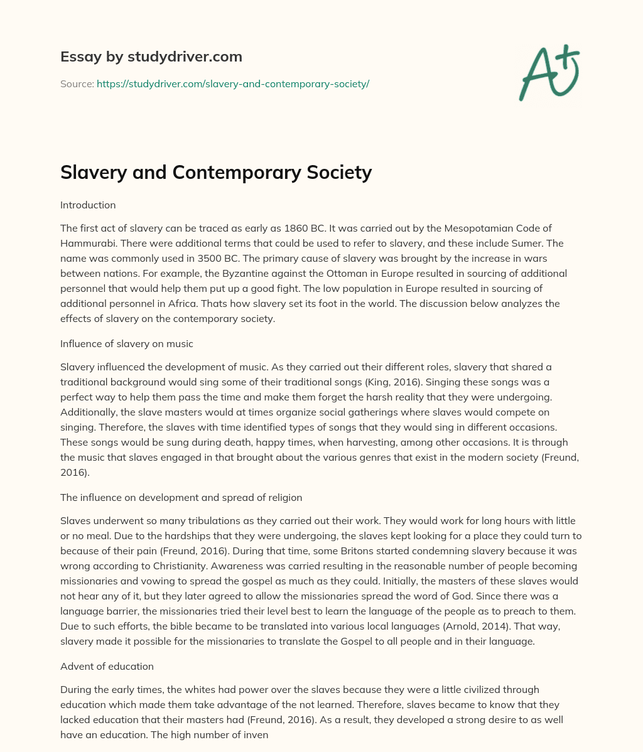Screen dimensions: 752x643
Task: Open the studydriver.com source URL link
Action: point(232,83)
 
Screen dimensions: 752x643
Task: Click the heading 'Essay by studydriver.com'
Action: point(151,56)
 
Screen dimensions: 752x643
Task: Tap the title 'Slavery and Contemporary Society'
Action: point(216,172)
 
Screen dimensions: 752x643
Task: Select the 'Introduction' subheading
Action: point(88,205)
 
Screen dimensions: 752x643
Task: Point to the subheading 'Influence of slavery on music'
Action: point(126,343)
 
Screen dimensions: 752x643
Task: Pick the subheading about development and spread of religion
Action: point(181,497)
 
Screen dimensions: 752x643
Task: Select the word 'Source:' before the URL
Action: point(77,83)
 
